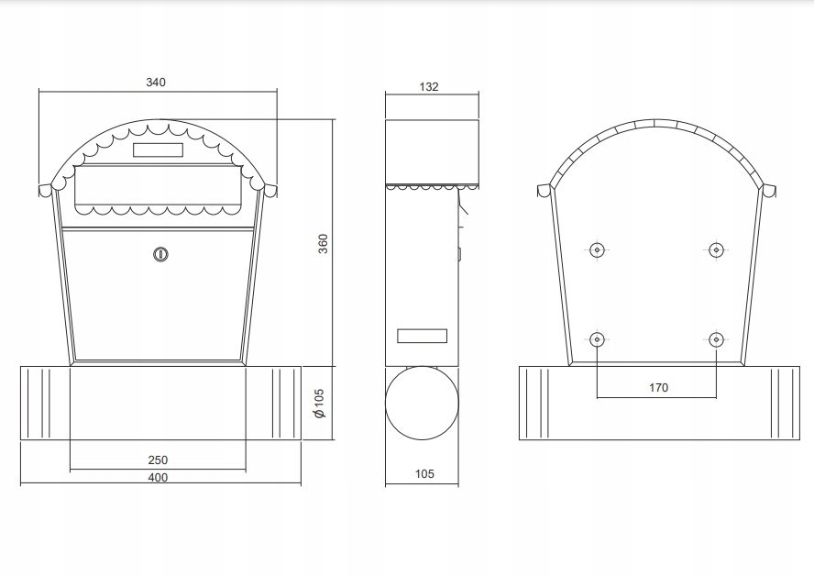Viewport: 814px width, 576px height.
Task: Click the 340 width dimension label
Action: [156, 82]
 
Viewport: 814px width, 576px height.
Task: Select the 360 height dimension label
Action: [323, 244]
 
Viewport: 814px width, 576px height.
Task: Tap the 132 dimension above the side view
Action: [429, 87]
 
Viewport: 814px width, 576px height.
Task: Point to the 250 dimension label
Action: [158, 460]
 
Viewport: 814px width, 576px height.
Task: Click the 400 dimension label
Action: [158, 477]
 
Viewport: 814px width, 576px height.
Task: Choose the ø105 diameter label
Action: [319, 403]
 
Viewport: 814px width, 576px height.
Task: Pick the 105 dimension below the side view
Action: [424, 473]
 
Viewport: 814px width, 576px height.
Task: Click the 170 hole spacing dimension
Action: [658, 387]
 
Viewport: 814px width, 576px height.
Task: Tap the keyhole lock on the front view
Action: [161, 254]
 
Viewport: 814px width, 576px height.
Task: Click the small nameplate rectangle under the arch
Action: [158, 150]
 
